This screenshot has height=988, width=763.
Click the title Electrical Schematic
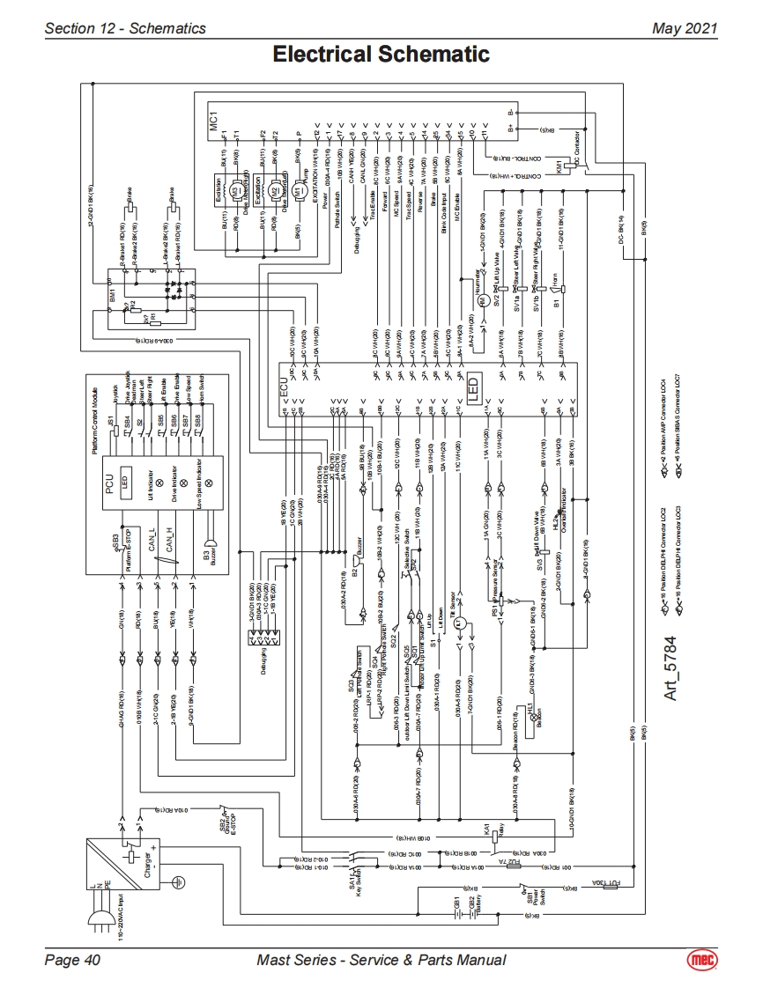coord(381,55)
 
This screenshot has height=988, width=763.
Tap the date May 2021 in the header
coord(684,28)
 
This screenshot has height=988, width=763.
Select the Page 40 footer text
coord(72,960)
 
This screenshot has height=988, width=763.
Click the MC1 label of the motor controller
coord(213,122)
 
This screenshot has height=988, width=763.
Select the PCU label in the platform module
coord(110,483)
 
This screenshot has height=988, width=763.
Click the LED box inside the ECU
coord(472,387)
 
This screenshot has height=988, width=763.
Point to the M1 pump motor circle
coord(298,191)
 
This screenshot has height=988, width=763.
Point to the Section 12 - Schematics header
coord(125,28)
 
